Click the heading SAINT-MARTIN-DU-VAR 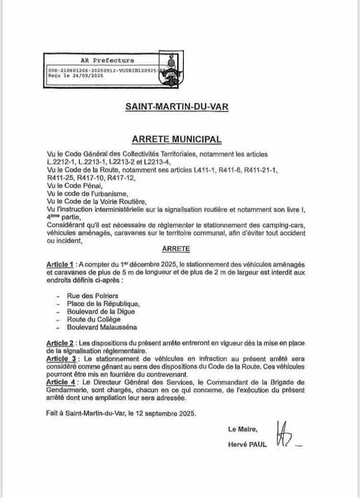[177, 107]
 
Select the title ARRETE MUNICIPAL [177, 139]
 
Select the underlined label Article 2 [61, 343]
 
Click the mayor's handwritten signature [285, 435]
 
